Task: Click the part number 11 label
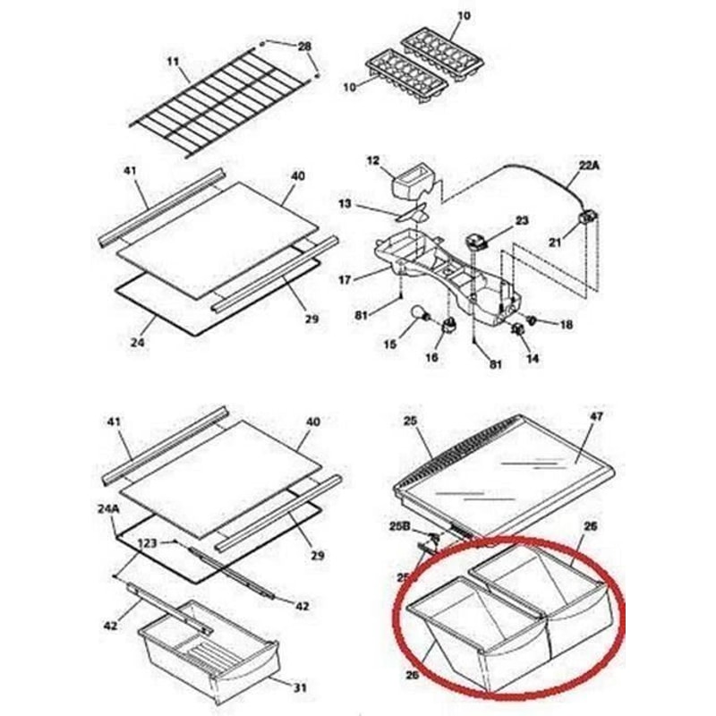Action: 174,61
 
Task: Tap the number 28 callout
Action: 304,46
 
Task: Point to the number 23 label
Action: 522,220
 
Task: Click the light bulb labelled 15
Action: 418,313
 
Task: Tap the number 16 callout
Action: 433,358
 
